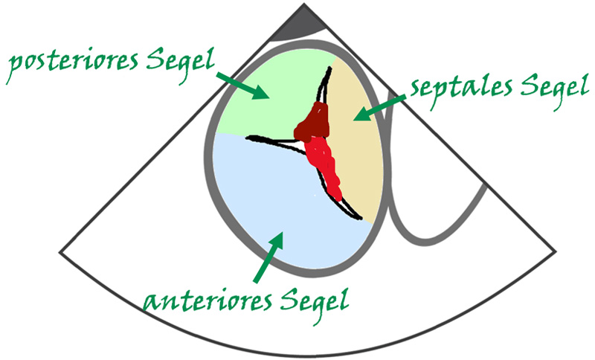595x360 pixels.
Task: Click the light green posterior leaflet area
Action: pos(260,104)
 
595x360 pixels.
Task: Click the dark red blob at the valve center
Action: pos(312,123)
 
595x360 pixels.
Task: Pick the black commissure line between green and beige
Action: pos(325,82)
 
